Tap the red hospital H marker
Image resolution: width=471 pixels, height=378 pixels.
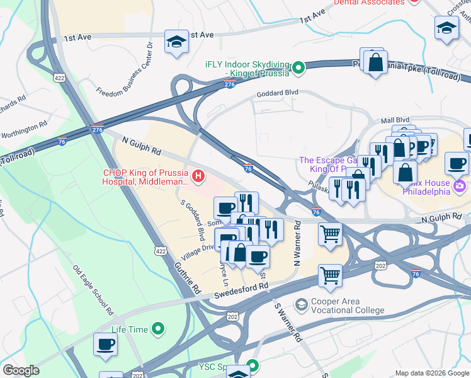pyautogui.click(x=199, y=175)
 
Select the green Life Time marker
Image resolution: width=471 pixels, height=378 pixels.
pyautogui.click(x=159, y=329)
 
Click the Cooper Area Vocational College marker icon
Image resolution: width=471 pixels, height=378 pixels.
pyautogui.click(x=302, y=304)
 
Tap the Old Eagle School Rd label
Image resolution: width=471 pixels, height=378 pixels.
pyautogui.click(x=93, y=290)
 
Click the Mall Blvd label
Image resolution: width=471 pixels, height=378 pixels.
pyautogui.click(x=395, y=119)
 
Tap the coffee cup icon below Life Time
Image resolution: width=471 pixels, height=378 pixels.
pyautogui.click(x=105, y=345)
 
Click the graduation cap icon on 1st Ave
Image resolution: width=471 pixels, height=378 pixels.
pyautogui.click(x=176, y=42)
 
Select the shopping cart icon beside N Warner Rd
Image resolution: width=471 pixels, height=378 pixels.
pyautogui.click(x=330, y=234)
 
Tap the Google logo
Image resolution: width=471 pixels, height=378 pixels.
pyautogui.click(x=21, y=371)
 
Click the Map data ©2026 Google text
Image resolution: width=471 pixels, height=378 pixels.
pyautogui.click(x=431, y=373)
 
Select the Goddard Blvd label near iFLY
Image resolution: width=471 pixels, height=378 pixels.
pyautogui.click(x=276, y=93)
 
